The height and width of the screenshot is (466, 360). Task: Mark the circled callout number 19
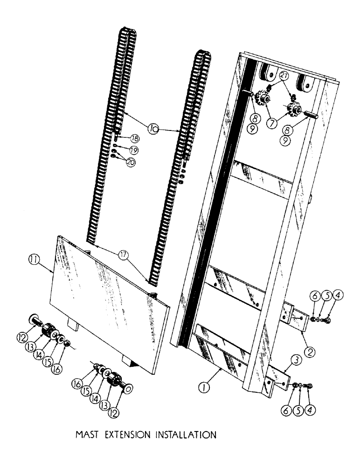point(134,150)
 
